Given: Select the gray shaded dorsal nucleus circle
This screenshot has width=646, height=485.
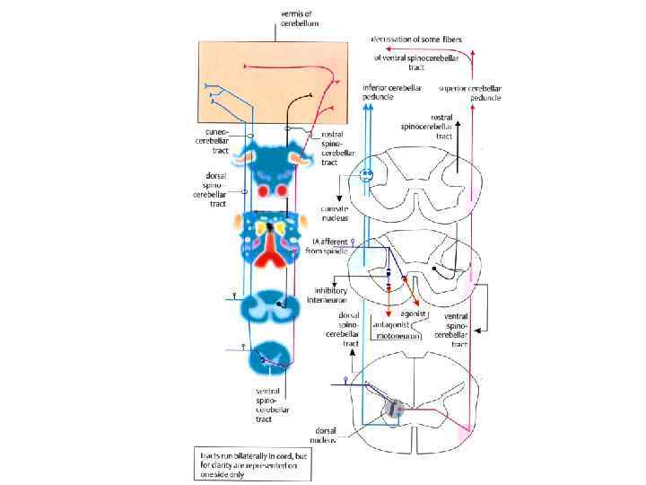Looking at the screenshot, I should pyautogui.click(x=394, y=410).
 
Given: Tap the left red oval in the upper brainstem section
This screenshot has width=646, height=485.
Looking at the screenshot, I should pyautogui.click(x=264, y=190).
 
